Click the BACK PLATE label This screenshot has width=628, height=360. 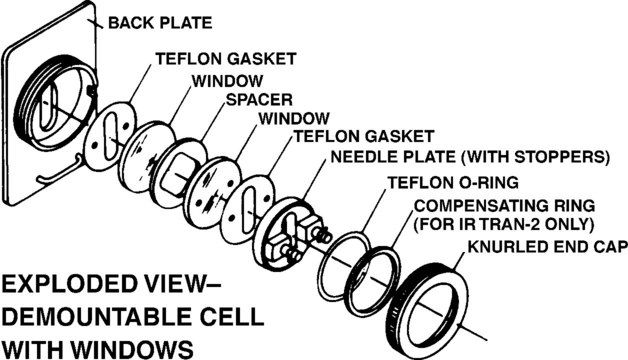tap(160, 23)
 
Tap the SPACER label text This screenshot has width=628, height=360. tap(259, 100)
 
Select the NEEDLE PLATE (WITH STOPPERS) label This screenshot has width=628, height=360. tap(470, 157)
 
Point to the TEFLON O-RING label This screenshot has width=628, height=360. tap(453, 183)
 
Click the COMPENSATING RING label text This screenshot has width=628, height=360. tap(504, 206)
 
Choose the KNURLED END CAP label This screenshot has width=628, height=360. tap(547, 247)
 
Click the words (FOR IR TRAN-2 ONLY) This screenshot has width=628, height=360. tap(503, 225)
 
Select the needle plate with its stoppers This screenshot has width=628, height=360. tap(289, 233)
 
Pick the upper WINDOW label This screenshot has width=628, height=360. tap(227, 81)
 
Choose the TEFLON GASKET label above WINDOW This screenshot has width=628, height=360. tap(225, 59)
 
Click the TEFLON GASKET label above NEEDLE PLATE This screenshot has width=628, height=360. tap(364, 136)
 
